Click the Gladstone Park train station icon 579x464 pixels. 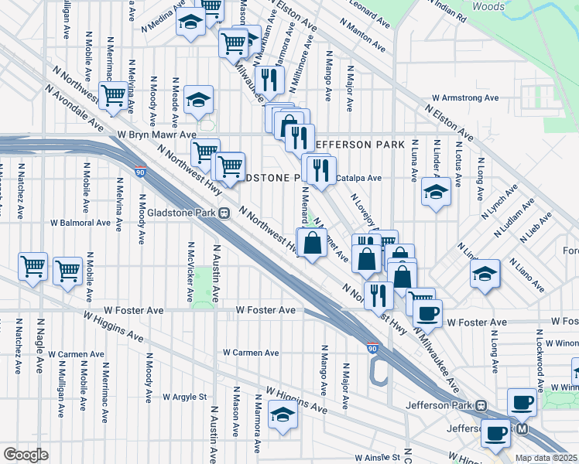(224, 213)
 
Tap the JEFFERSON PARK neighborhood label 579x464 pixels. (360, 145)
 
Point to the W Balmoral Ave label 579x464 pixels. (81, 223)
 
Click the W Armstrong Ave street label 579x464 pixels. (465, 98)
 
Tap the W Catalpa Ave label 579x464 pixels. (358, 178)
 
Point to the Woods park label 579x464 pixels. (488, 6)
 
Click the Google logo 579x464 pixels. (26, 455)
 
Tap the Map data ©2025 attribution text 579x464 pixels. (546, 458)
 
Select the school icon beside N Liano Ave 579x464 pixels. (485, 273)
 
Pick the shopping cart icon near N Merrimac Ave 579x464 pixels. (114, 95)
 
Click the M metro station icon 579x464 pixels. (522, 428)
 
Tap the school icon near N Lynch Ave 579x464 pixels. (436, 192)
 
